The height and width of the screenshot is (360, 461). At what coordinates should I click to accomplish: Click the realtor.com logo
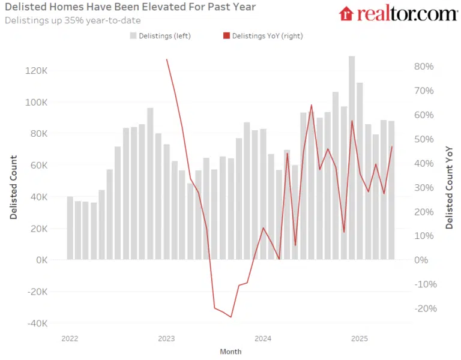tap(398, 13)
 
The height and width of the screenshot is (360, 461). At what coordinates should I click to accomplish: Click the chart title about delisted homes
tap(130, 7)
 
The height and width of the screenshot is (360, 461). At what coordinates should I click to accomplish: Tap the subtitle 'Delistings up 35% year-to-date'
tap(73, 20)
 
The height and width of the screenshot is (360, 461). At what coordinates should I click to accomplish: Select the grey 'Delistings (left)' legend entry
tap(160, 36)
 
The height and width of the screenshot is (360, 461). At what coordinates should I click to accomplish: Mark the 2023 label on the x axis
tap(166, 339)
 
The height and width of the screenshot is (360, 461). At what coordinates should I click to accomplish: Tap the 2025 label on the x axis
tap(359, 339)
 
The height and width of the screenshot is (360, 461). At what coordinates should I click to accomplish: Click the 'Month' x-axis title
tap(230, 352)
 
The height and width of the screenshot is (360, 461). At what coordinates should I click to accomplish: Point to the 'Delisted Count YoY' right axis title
tap(449, 186)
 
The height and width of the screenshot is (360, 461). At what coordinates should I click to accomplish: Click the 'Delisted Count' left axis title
tap(14, 187)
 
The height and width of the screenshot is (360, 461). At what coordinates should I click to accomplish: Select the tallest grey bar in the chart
tap(352, 157)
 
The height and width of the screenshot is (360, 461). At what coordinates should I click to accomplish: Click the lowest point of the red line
tap(231, 317)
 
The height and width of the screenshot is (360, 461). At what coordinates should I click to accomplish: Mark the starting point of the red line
tap(166, 59)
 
